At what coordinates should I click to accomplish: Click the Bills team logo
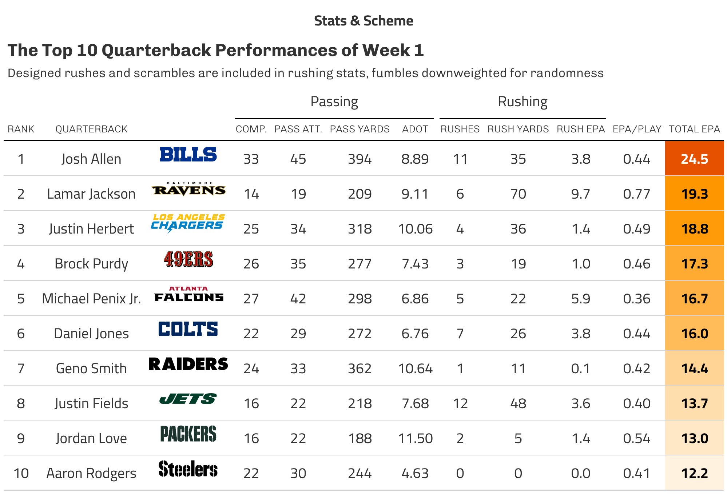point(188,155)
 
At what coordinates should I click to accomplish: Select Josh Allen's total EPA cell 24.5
point(694,159)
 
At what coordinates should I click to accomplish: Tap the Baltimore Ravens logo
point(188,189)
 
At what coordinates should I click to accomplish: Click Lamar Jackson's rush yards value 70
point(518,194)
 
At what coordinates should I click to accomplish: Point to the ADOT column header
point(415,129)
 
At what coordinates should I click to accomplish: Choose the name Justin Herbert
point(91,229)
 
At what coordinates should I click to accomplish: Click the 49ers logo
point(188,259)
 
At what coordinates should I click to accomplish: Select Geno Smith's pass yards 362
point(359,368)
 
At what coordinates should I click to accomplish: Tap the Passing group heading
point(334,101)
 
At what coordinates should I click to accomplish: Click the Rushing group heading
point(523,101)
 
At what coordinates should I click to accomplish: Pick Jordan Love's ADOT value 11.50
point(415,438)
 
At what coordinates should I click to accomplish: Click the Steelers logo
point(188,469)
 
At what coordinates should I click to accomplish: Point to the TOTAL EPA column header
point(694,129)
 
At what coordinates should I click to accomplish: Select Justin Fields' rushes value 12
point(460,403)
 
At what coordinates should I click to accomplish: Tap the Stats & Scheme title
point(363,21)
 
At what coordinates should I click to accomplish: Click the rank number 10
point(21,473)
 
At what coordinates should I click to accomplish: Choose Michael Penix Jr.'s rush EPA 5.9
point(580,299)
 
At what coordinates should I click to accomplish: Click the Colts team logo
point(188,329)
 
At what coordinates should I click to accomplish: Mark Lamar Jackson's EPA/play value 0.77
point(636,194)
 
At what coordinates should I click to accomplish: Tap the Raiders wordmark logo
point(188,364)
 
